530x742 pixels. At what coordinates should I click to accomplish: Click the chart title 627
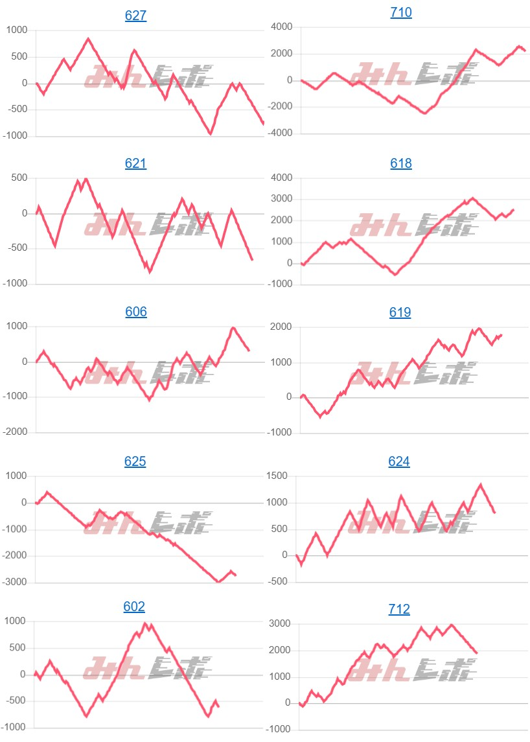pos(135,16)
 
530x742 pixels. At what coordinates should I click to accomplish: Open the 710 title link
pos(401,12)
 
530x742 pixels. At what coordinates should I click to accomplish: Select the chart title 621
pos(135,164)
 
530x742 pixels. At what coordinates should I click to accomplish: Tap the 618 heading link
pos(401,164)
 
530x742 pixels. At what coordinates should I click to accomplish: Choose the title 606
pos(135,312)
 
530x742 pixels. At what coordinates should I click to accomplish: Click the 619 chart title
pos(401,312)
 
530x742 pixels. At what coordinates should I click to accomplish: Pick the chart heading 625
pos(135,461)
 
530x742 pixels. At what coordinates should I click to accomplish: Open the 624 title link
pos(399,461)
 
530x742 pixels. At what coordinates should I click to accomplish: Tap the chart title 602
pos(134,607)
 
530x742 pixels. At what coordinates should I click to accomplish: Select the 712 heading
pos(399,609)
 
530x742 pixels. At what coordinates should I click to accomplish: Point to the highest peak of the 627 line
pos(88,39)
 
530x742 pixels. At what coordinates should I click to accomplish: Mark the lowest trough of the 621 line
pos(150,272)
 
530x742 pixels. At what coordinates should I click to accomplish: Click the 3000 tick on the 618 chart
pos(282,199)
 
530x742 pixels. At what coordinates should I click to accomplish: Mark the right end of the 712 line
pos(477,653)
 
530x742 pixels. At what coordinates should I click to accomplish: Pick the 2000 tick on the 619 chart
pos(282,327)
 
